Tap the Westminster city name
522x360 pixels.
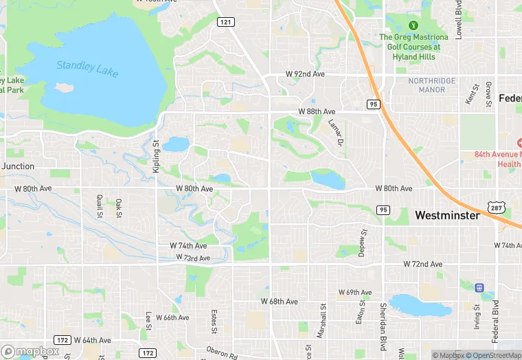tap(447, 215)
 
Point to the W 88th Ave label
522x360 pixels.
tap(317, 111)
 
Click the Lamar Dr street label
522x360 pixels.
tap(335, 133)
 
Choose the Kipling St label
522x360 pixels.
tap(157, 157)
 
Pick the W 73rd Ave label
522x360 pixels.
tap(193, 257)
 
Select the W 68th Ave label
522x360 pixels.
tap(279, 301)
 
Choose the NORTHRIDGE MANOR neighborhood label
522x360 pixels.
tap(431, 85)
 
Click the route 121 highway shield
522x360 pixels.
tap(225, 22)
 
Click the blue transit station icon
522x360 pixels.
tap(480, 287)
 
